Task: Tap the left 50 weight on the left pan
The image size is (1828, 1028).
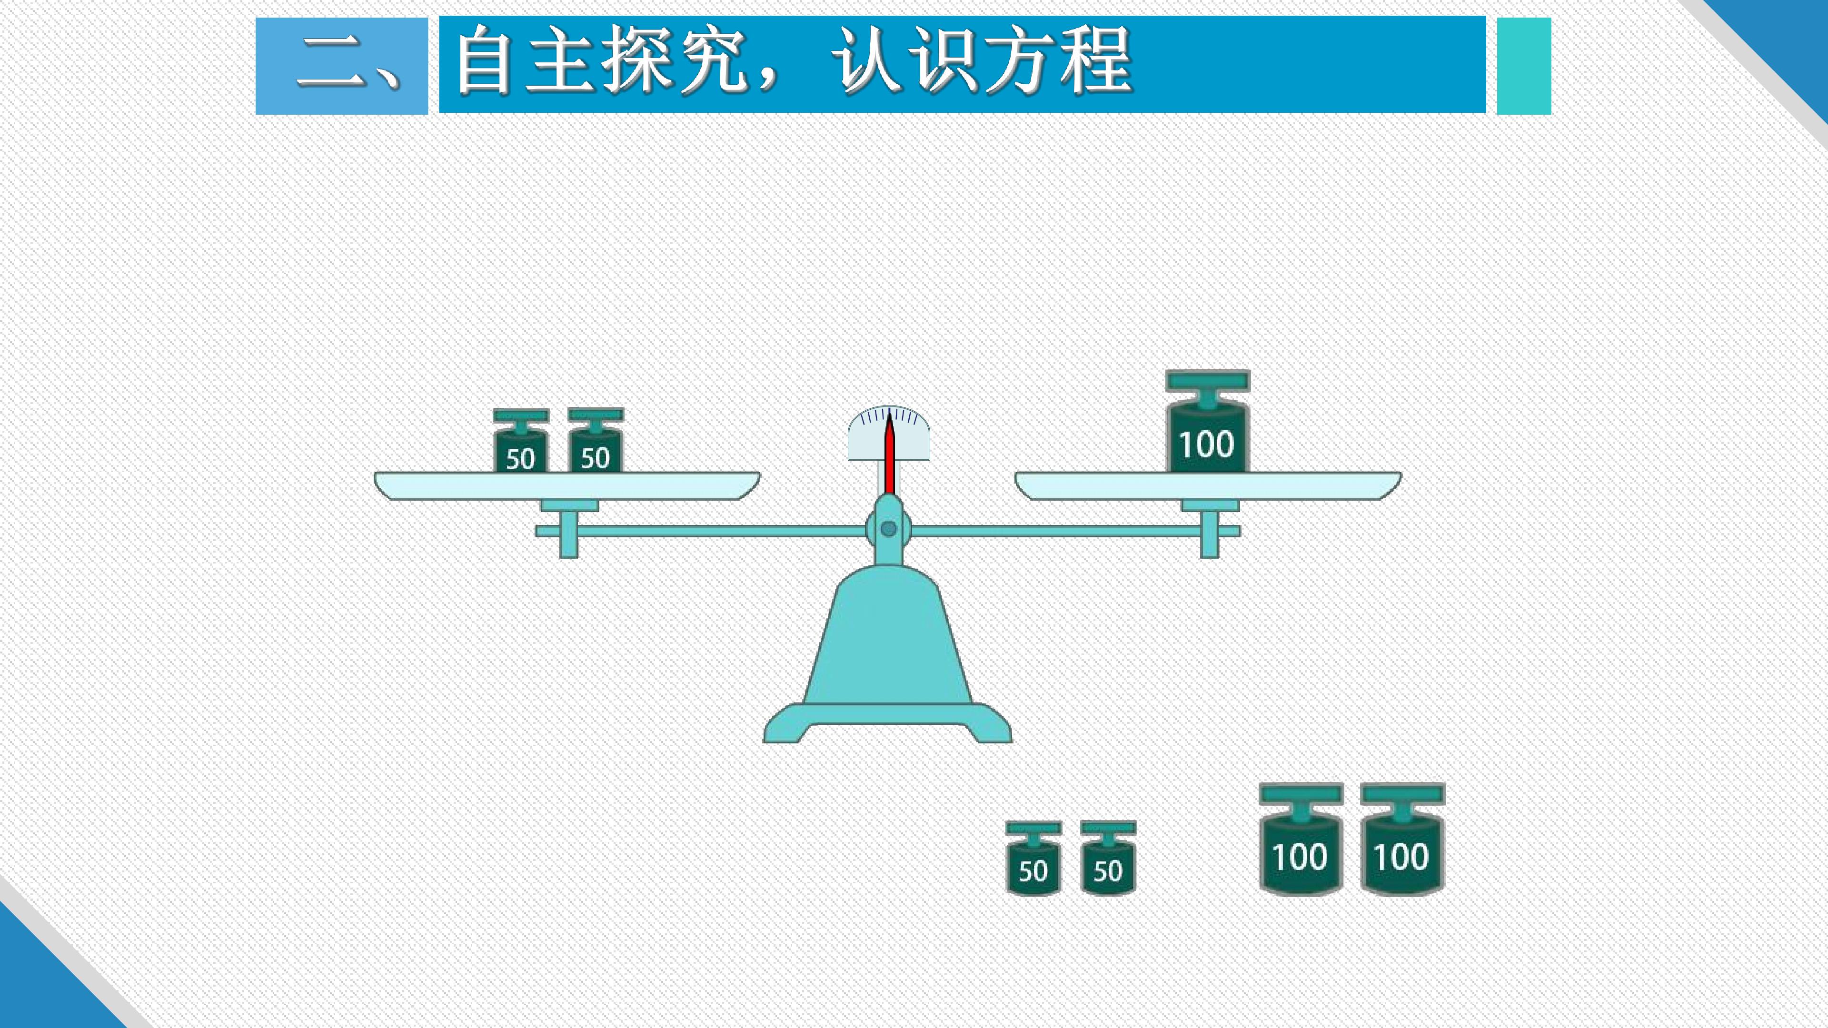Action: tap(521, 441)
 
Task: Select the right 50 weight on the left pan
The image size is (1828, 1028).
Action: tap(596, 441)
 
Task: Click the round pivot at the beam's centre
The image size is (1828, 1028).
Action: tap(888, 529)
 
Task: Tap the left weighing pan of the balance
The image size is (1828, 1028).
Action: tap(567, 486)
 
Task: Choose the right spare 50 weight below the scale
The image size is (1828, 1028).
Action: tap(1108, 859)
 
